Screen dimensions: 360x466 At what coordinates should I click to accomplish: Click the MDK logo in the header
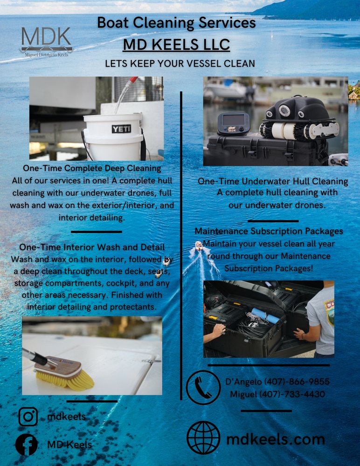tap(46, 41)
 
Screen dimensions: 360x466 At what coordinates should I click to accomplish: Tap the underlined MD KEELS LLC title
tap(176, 45)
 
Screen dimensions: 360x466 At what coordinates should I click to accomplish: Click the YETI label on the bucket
tap(121, 129)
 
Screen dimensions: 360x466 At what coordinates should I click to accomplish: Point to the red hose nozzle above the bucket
tap(132, 80)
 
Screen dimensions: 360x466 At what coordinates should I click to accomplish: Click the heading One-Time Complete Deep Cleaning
tap(92, 168)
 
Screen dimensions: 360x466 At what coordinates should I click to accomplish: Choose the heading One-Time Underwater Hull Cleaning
tap(273, 181)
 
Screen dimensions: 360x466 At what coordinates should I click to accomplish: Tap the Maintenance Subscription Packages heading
tap(269, 231)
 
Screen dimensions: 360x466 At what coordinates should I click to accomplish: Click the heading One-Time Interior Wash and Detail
tap(92, 247)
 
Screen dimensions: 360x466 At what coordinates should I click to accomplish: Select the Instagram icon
tap(28, 417)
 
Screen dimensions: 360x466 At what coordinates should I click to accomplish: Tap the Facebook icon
tap(27, 444)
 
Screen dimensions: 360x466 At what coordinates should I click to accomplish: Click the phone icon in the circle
tap(203, 387)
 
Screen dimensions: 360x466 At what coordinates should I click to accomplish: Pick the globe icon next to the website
tap(203, 438)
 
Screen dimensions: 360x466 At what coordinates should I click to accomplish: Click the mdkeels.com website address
tap(276, 439)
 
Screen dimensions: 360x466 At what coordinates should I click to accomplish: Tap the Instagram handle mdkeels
tap(67, 417)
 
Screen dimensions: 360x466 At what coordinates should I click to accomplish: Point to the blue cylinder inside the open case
tap(266, 315)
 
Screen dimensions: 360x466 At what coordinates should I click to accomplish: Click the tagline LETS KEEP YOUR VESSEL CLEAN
tap(180, 63)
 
